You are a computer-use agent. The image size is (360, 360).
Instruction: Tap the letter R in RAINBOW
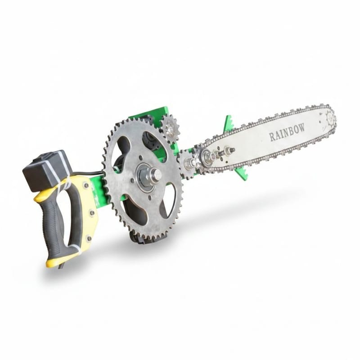click(x=272, y=137)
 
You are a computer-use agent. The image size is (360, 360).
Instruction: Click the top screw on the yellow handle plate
click(x=86, y=186)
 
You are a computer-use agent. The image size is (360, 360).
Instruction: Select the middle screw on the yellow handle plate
click(x=92, y=213)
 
